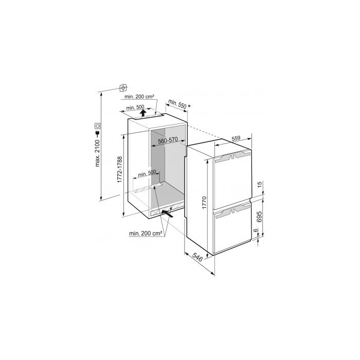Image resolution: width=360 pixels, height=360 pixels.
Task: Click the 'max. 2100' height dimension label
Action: (x=98, y=153)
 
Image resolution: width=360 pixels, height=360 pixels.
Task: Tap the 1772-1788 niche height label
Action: (x=120, y=169)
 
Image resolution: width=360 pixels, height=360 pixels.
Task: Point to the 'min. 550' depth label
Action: (x=177, y=104)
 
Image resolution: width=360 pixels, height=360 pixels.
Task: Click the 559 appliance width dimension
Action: (x=236, y=138)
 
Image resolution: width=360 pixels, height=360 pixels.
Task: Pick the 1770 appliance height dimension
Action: (x=204, y=203)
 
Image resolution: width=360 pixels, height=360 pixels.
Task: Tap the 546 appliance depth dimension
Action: (x=197, y=257)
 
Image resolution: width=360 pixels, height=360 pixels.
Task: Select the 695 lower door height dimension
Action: (x=259, y=217)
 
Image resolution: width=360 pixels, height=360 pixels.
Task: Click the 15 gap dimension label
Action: (x=259, y=184)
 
